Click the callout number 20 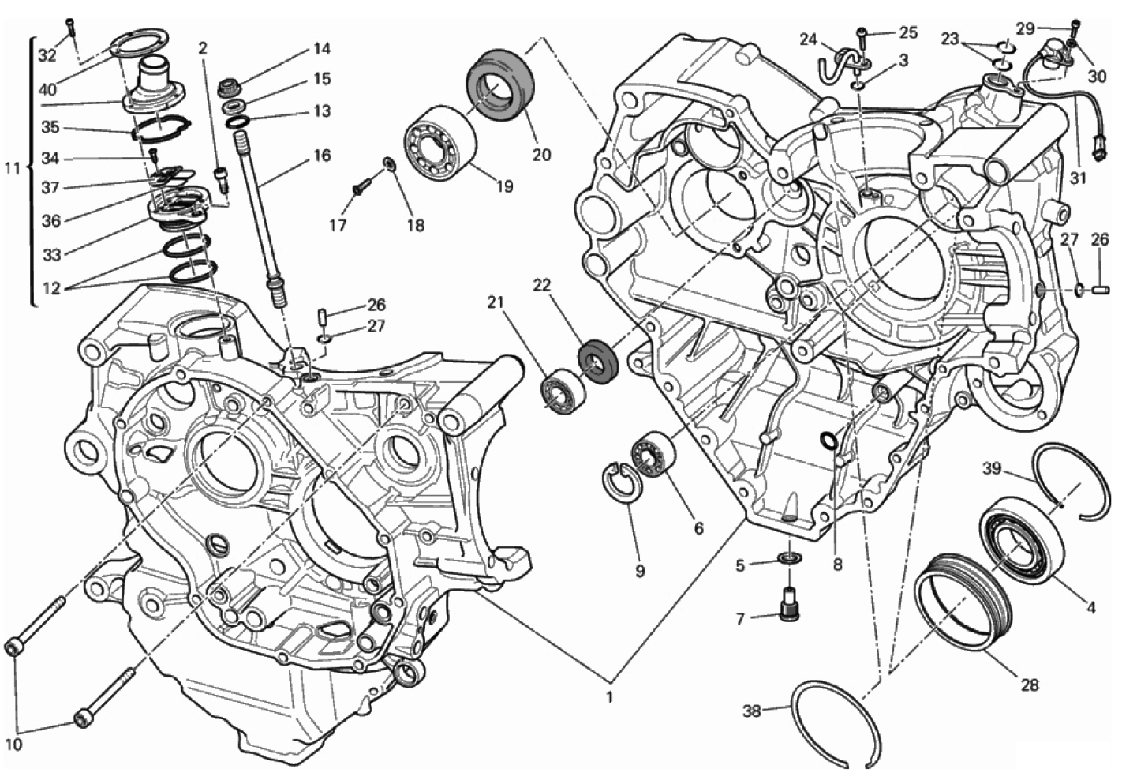541,154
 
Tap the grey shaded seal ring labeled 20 500,85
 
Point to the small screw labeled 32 71,26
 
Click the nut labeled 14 230,87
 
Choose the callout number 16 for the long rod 322,156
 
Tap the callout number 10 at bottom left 14,745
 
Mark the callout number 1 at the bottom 610,697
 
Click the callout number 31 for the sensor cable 1078,178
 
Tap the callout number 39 992,468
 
